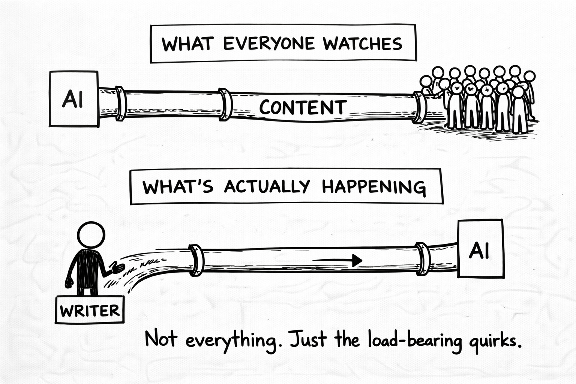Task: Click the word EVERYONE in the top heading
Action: click(268, 44)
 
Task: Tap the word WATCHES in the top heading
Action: click(363, 44)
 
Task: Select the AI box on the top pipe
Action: click(74, 99)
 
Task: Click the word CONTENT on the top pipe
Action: click(302, 108)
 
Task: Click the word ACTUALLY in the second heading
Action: click(267, 186)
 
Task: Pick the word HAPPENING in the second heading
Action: click(373, 186)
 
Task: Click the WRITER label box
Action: click(89, 310)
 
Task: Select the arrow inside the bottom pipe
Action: click(337, 259)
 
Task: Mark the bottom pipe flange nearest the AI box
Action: click(423, 259)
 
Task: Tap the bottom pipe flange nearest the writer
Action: click(196, 260)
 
